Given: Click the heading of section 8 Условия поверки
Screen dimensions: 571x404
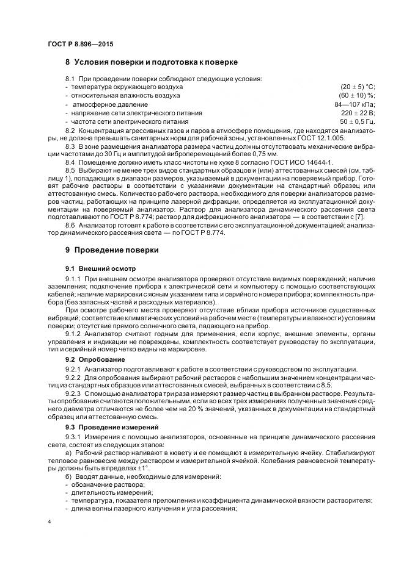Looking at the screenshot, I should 151,62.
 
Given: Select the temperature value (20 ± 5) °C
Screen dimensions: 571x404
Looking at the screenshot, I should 357,87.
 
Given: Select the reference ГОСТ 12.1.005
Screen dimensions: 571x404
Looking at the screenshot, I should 323,138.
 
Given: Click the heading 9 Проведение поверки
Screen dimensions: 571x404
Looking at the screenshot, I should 112,250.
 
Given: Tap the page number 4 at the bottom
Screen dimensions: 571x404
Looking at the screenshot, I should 50,522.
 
